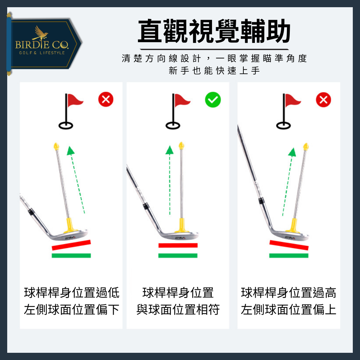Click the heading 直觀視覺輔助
click(214, 32)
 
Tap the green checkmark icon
click(213, 100)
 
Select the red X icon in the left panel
click(106, 100)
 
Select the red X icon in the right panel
click(323, 100)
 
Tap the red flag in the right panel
click(293, 100)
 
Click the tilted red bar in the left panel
click(71, 245)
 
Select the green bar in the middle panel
click(178, 256)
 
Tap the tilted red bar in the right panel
click(289, 245)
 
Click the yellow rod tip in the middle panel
click(181, 146)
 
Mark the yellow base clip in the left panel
click(70, 225)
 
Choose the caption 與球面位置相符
click(178, 310)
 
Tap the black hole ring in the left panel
click(66, 126)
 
